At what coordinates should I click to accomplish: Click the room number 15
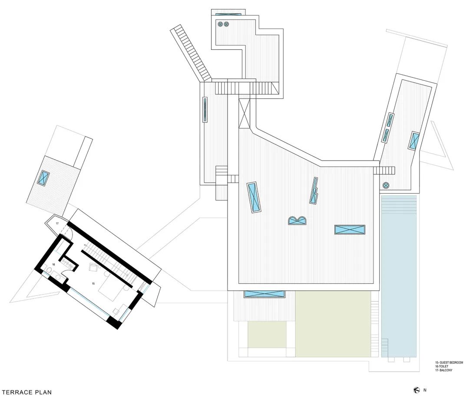click(93, 283)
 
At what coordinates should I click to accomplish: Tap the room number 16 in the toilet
click(53, 264)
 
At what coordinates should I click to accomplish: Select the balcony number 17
click(56, 224)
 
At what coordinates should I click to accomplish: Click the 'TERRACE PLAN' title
click(26, 392)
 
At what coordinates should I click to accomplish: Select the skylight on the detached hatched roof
click(43, 178)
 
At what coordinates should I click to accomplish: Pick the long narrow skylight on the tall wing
click(205, 109)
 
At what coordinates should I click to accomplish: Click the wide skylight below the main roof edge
click(264, 294)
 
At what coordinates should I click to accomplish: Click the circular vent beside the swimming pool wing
click(386, 186)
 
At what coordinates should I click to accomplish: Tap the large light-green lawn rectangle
click(333, 323)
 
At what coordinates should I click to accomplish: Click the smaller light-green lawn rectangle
click(267, 335)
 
